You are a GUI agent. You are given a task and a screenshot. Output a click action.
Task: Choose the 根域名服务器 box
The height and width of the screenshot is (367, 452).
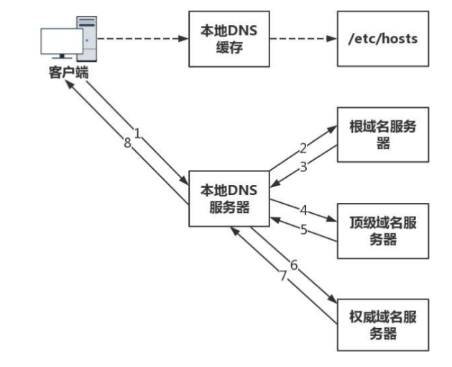(382, 135)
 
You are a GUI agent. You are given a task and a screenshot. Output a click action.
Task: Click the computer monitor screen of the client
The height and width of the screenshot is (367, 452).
(62, 42)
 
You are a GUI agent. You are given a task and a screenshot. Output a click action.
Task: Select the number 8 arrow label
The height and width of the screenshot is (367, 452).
(126, 143)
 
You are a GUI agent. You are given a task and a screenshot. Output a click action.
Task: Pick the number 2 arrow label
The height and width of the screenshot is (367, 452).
(303, 149)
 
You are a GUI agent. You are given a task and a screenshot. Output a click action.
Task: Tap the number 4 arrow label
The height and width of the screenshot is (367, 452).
(304, 211)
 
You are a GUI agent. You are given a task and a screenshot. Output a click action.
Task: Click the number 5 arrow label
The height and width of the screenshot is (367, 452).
(304, 230)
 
